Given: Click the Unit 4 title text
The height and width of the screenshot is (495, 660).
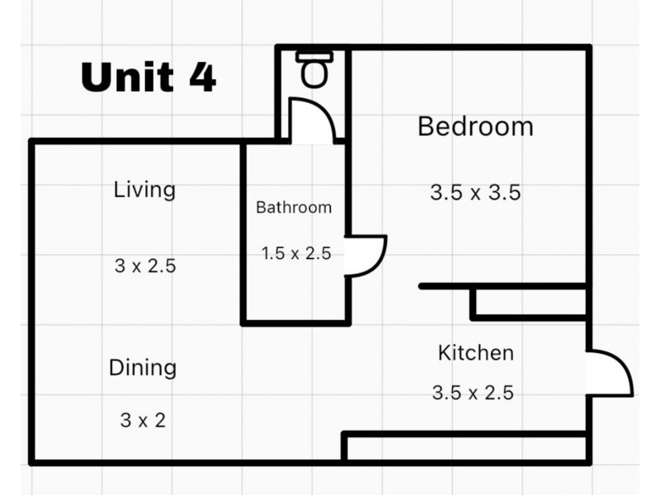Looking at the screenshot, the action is click(148, 77).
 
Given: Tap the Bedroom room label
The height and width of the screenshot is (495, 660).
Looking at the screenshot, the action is click(476, 126).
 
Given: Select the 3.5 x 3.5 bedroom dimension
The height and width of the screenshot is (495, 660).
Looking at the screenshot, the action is click(476, 192).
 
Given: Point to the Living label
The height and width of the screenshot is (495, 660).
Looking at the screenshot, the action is click(144, 191).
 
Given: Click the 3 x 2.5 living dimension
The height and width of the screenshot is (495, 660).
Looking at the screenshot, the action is click(145, 266).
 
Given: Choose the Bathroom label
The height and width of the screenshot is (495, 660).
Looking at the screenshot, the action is click(294, 208).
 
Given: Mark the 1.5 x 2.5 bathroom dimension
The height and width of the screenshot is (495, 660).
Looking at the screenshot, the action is click(296, 253).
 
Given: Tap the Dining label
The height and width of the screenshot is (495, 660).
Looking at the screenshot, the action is click(143, 368).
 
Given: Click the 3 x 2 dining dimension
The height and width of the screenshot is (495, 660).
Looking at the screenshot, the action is click(143, 420).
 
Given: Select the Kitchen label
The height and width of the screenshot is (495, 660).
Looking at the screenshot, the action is click(476, 353).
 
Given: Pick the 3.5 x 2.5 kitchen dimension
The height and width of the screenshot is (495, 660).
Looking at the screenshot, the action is click(473, 393).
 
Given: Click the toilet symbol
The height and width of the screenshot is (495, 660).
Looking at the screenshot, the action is click(314, 69).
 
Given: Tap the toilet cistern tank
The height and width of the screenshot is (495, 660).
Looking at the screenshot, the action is click(314, 57).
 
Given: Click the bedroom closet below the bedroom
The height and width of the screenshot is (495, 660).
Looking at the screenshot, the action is click(530, 302).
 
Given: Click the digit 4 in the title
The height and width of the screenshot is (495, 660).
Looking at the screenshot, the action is click(202, 77).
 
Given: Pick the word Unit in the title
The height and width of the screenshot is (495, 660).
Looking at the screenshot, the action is click(127, 77).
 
